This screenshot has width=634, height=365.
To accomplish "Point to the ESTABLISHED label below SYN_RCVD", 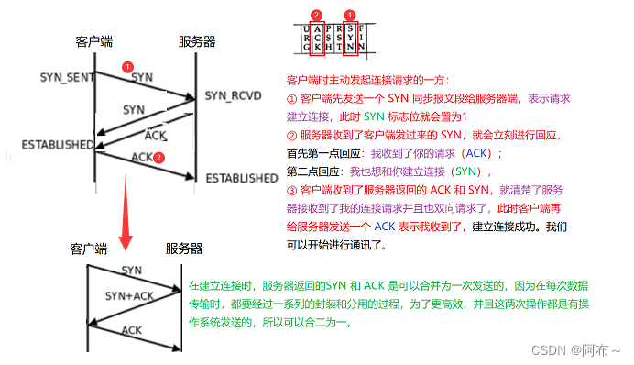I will click(x=240, y=177).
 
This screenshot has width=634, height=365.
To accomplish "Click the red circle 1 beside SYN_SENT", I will click(x=128, y=67).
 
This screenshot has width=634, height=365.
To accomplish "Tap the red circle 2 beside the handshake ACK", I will click(x=159, y=158).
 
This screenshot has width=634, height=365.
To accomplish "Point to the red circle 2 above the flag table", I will click(x=316, y=15).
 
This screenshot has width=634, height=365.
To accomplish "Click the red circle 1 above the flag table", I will click(x=349, y=15).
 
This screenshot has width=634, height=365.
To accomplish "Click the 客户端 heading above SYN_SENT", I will click(x=94, y=42).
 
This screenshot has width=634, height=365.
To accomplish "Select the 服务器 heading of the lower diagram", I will click(x=184, y=249).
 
